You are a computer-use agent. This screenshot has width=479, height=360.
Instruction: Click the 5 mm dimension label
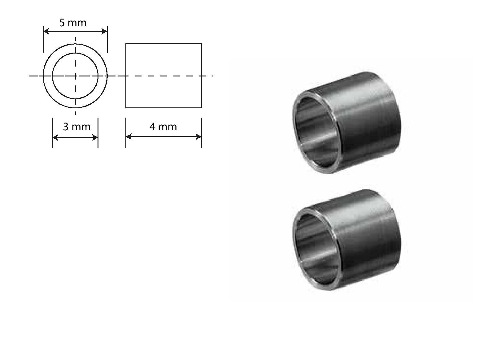point(73,23)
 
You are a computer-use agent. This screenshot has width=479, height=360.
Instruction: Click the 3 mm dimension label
point(76,127)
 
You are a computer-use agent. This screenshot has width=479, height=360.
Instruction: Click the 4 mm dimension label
point(163,127)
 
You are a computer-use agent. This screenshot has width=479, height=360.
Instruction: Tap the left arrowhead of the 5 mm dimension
point(46,31)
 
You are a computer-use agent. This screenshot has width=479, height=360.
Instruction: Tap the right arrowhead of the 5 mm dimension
point(104,31)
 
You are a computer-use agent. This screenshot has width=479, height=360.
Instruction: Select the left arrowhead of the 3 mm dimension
point(55,138)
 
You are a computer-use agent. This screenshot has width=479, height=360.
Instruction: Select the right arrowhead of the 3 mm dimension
point(95,138)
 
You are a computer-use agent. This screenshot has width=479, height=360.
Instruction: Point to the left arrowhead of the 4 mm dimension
point(129,137)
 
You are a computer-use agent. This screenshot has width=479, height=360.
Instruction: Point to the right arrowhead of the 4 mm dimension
point(198,137)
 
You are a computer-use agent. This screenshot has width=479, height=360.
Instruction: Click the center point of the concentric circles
point(75,76)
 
